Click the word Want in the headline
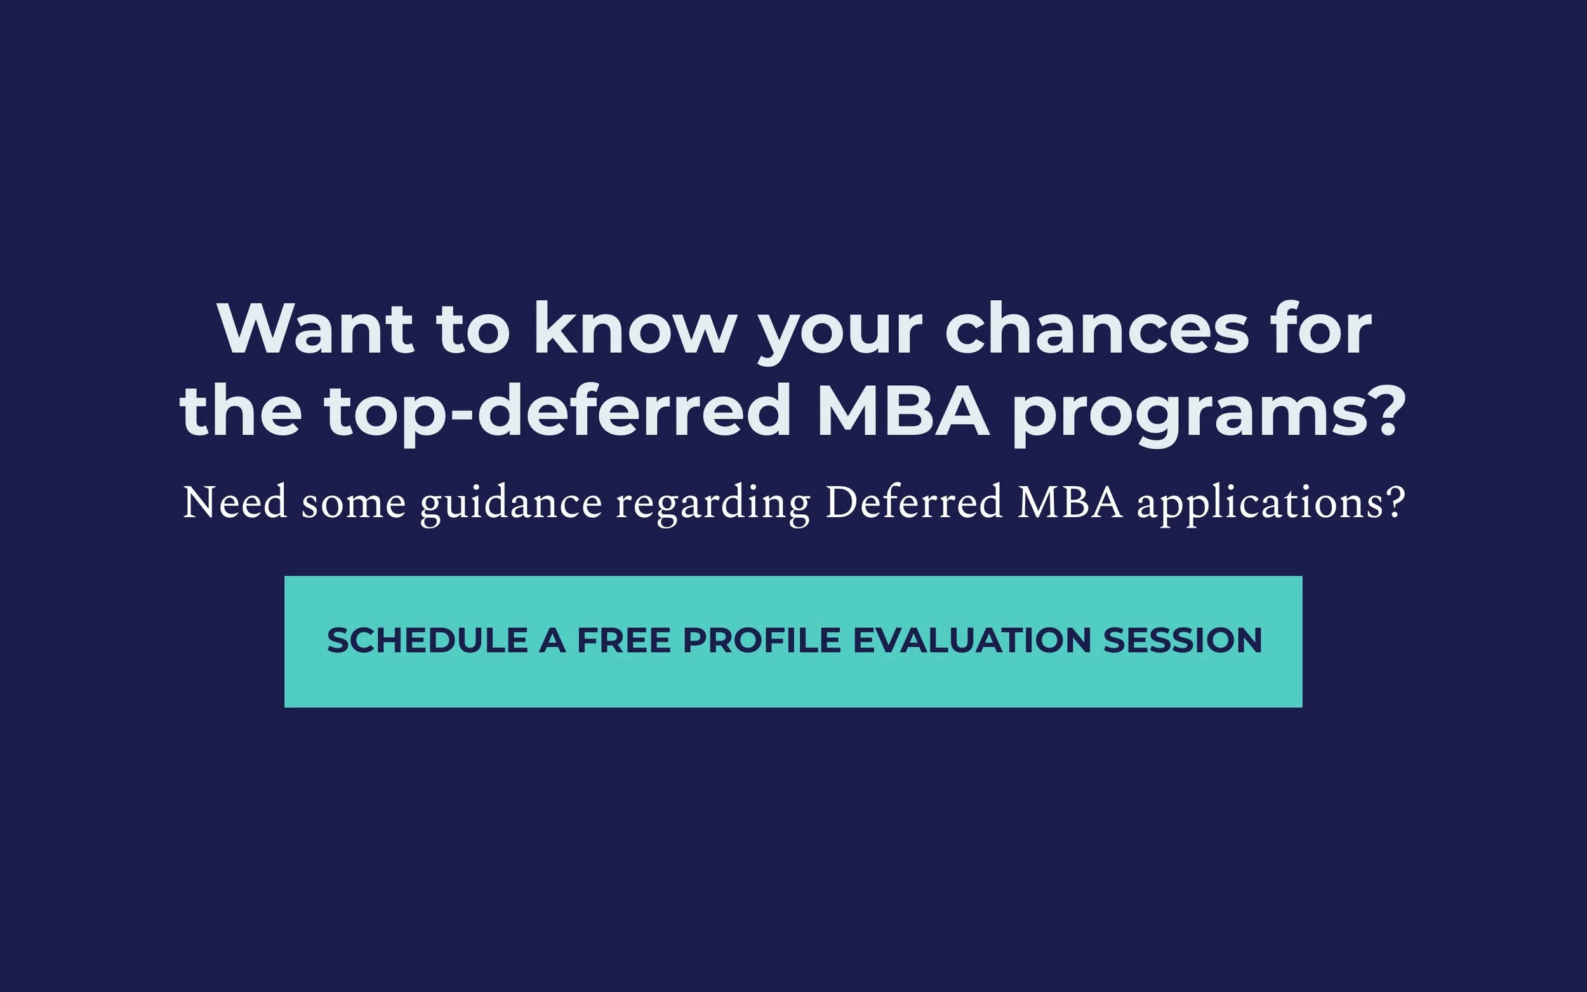(315, 329)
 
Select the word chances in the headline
(1096, 329)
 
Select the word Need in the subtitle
(235, 503)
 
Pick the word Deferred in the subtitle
(913, 503)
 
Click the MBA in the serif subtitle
(1070, 503)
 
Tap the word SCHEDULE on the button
(427, 640)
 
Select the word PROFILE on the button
(762, 640)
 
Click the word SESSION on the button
(1182, 640)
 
